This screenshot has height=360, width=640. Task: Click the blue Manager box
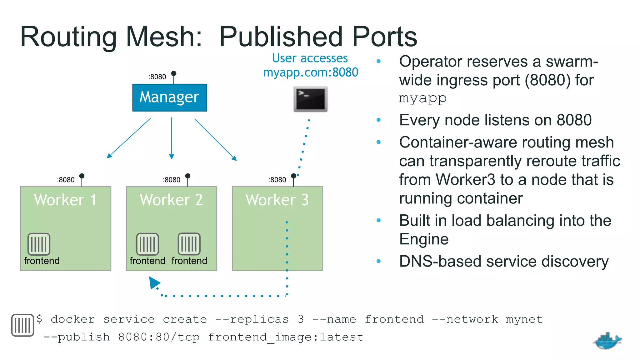point(169,97)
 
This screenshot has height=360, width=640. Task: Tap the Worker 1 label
point(65,200)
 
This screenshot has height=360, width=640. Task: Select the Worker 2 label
point(171,200)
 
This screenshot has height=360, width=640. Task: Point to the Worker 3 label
point(277,200)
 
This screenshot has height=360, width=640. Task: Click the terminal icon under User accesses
point(310,99)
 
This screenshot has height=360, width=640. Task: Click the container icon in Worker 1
point(39,244)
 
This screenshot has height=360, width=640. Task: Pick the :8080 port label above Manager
point(157,77)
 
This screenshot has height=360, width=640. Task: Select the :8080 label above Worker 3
point(277,180)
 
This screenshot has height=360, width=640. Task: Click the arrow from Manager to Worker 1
point(129,138)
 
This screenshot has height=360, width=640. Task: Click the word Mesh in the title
point(164,37)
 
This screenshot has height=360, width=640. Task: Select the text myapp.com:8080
point(311,72)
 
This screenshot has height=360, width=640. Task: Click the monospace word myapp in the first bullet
point(423,98)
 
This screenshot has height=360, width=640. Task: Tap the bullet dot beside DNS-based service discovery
point(379,261)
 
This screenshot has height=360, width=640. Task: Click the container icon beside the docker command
point(22,325)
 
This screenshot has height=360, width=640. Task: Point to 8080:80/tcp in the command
point(159,337)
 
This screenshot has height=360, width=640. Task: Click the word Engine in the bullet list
point(424,239)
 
